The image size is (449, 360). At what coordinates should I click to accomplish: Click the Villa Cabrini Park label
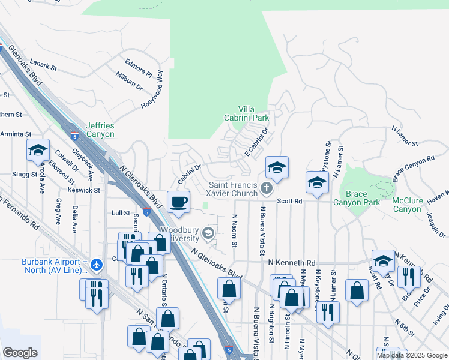click(x=246, y=113)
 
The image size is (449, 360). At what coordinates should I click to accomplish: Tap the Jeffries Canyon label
click(x=100, y=130)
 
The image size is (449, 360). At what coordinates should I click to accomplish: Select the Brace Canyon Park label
click(x=364, y=199)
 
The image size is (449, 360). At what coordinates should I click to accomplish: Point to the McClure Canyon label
click(x=407, y=205)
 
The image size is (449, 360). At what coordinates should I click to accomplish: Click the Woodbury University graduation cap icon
click(x=209, y=233)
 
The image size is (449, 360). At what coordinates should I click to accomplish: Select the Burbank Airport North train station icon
click(x=97, y=263)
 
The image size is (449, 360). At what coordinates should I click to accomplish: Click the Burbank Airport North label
click(x=51, y=266)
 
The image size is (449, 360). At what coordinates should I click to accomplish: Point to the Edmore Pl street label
click(x=139, y=67)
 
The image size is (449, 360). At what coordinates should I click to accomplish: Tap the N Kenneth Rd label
click(x=292, y=263)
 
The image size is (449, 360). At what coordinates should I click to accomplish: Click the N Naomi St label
click(x=234, y=230)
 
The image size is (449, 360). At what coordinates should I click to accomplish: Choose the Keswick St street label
click(x=83, y=190)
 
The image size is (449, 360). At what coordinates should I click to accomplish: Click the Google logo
click(x=20, y=352)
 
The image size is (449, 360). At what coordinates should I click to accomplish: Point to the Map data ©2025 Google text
click(x=412, y=355)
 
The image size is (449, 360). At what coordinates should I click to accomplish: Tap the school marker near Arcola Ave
click(x=38, y=150)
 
